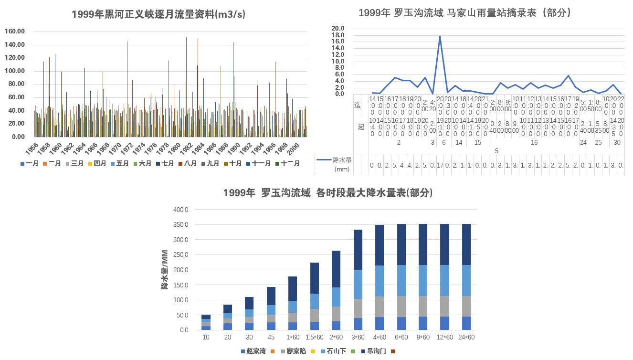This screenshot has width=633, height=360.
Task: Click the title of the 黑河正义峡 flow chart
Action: (158, 14)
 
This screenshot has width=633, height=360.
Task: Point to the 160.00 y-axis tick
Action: (15, 32)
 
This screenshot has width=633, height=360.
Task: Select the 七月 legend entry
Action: (165, 163)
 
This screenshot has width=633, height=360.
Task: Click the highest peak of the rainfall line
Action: (440, 36)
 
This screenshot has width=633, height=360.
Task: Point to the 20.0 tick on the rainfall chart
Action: (338, 29)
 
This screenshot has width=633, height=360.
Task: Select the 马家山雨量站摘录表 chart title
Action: (465, 13)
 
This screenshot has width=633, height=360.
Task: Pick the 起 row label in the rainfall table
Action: (361, 127)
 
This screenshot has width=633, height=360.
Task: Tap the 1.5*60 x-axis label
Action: (314, 338)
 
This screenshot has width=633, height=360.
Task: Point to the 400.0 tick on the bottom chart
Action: (181, 210)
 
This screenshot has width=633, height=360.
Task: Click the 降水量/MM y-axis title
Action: (165, 270)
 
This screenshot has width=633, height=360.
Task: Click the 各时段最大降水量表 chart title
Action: (328, 193)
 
